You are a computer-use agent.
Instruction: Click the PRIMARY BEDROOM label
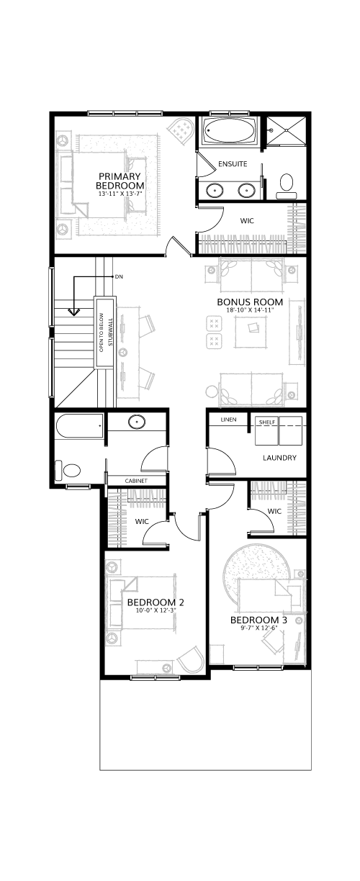(x=120, y=181)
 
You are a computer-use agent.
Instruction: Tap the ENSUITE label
(x=233, y=163)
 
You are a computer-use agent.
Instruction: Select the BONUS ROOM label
(x=250, y=302)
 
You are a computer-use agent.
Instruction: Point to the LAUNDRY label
(x=279, y=458)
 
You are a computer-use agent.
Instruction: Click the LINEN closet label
(x=228, y=420)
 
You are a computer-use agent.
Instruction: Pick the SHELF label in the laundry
(x=267, y=422)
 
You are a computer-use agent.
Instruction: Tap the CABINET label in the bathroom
(x=136, y=481)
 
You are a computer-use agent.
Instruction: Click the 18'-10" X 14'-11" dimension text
(x=250, y=310)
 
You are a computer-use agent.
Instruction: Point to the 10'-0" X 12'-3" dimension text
(x=156, y=610)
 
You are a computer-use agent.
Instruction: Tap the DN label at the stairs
(x=119, y=277)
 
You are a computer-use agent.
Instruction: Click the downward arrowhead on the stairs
(x=73, y=312)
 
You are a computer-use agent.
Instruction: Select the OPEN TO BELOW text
(x=101, y=333)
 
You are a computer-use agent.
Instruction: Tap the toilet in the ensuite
(x=286, y=186)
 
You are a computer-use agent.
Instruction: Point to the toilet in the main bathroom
(x=68, y=470)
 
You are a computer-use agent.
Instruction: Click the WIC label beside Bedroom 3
(x=274, y=511)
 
